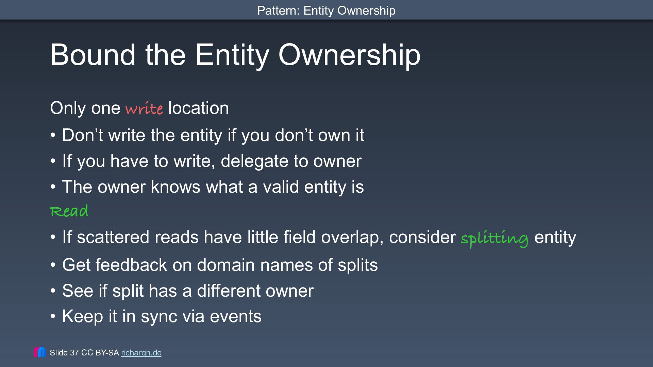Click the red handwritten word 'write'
144,108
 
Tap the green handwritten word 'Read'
69,211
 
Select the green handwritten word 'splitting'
495,238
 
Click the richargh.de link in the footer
141,353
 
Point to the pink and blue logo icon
40,352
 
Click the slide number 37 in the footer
74,353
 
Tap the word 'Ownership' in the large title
349,55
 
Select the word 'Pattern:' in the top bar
278,11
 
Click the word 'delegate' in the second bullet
254,161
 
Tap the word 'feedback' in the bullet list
131,265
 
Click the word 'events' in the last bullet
236,316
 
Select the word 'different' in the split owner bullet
229,291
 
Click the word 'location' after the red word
198,108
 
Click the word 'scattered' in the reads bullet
113,237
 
